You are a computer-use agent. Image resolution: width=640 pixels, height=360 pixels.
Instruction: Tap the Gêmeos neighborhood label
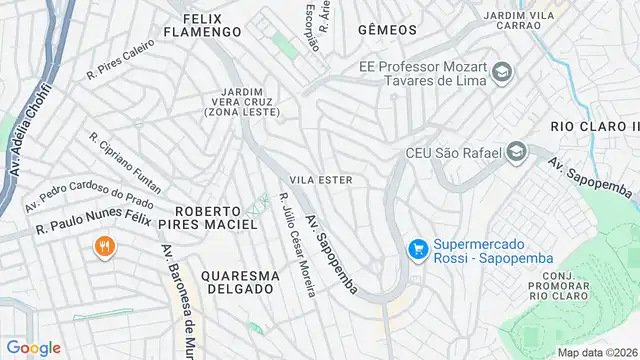click(x=384, y=30)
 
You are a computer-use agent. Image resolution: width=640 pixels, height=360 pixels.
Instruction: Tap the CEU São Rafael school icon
click(x=517, y=153)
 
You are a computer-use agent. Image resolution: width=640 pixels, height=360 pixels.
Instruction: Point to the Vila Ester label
click(x=320, y=179)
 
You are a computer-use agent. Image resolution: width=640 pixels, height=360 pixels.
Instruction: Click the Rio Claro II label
click(x=594, y=127)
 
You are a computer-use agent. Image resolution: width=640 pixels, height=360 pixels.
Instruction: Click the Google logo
click(x=33, y=347)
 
